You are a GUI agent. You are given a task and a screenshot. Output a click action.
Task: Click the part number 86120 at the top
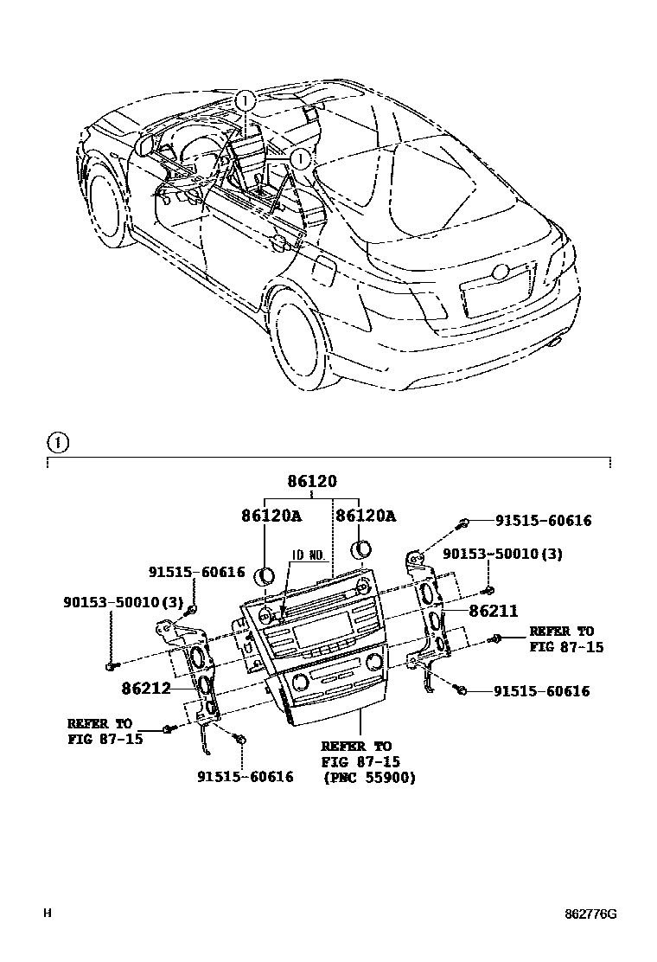click(x=312, y=482)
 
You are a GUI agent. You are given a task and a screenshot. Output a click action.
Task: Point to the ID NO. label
click(x=308, y=555)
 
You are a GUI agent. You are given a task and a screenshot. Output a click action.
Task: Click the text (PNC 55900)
click(x=368, y=778)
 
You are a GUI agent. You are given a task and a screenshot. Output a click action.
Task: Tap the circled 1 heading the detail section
click(x=56, y=444)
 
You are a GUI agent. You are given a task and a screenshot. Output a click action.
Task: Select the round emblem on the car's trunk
click(x=499, y=271)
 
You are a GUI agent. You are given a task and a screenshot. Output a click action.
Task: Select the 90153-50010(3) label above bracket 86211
click(x=502, y=555)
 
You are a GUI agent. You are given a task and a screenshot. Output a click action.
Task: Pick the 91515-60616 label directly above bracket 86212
click(x=196, y=573)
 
